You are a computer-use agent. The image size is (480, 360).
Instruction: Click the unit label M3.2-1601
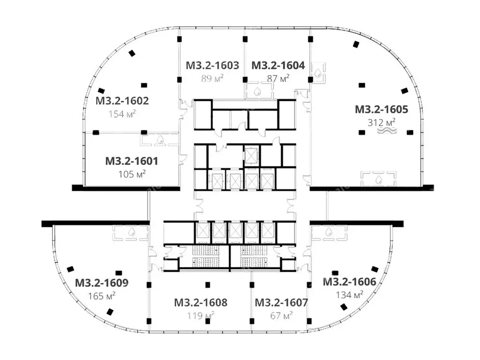[132, 161]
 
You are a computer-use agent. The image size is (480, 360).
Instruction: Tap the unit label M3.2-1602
[122, 101]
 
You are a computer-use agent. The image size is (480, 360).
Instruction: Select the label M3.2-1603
[213, 65]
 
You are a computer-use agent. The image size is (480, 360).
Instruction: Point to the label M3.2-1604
[278, 65]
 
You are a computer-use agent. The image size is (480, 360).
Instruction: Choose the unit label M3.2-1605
[381, 109]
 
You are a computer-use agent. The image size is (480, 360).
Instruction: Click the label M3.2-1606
[349, 282]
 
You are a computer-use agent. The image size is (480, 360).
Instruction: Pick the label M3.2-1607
[282, 302]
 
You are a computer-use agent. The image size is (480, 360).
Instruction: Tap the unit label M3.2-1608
[201, 302]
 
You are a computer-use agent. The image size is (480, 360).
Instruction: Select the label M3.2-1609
[102, 283]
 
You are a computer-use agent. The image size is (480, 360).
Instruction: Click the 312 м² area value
[381, 122]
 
